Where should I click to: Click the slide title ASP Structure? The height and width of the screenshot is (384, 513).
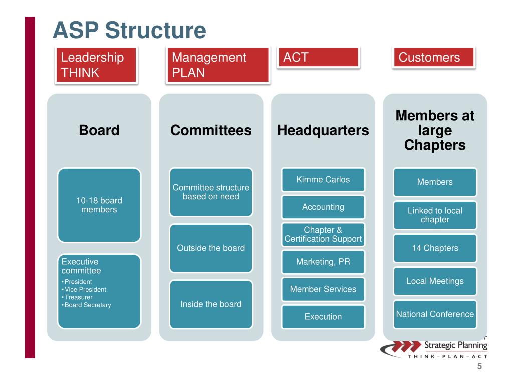[129, 30]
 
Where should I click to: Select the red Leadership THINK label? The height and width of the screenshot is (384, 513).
[96, 65]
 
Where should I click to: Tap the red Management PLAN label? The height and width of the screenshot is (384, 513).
[218, 65]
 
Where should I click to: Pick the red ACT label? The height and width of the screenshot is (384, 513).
[319, 57]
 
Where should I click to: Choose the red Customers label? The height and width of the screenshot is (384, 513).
[433, 58]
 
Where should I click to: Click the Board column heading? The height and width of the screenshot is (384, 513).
[99, 130]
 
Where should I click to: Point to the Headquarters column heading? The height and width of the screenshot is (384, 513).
[323, 130]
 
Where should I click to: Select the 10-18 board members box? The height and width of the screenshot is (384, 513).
[99, 205]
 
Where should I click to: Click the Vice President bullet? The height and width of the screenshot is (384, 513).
[85, 289]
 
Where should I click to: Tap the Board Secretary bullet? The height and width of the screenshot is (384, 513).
[88, 305]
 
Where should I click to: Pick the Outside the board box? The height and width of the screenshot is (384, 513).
[211, 248]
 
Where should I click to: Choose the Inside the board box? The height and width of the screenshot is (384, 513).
[211, 304]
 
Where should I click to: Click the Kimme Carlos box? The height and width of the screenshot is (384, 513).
[323, 180]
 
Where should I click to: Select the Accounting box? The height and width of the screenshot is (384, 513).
[323, 207]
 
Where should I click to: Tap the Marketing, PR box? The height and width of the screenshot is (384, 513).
[323, 262]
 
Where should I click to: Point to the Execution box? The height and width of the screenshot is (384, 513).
[323, 316]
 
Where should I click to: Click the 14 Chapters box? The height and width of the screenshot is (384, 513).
[435, 248]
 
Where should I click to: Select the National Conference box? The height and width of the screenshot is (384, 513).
[435, 314]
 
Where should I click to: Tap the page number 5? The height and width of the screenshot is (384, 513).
[479, 367]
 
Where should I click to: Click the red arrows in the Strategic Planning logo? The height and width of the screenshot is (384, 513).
[400, 346]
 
